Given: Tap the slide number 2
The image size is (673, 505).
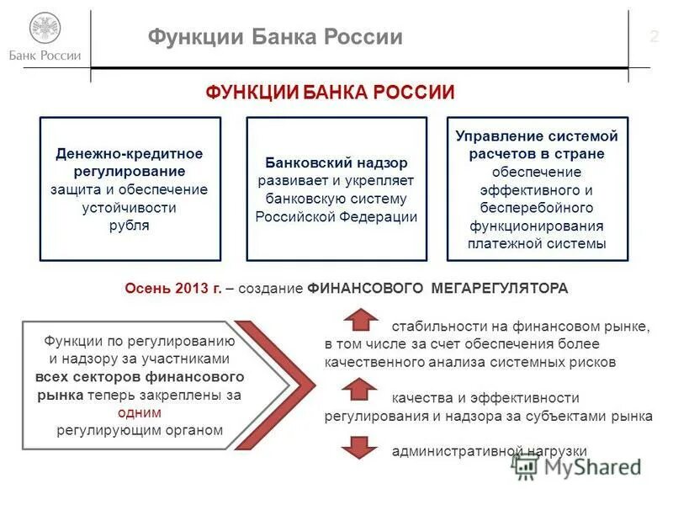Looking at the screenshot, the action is pyautogui.click(x=654, y=36).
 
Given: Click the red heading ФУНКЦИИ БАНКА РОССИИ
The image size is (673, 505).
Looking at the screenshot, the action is pyautogui.click(x=330, y=93).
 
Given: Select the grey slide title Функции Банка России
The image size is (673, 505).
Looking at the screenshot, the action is pyautogui.click(x=275, y=37).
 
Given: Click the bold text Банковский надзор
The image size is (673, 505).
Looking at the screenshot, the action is pyautogui.click(x=336, y=162).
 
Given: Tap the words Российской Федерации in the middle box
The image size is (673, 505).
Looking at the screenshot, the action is pyautogui.click(x=336, y=216).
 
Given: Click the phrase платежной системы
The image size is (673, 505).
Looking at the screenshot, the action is pyautogui.click(x=537, y=244).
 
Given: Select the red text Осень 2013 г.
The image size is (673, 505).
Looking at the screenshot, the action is pyautogui.click(x=172, y=288).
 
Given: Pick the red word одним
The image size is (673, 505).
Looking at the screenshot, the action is pyautogui.click(x=140, y=412).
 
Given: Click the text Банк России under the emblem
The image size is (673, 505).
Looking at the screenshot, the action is pyautogui.click(x=45, y=56).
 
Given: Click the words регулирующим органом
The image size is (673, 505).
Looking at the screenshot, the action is pyautogui.click(x=140, y=431).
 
